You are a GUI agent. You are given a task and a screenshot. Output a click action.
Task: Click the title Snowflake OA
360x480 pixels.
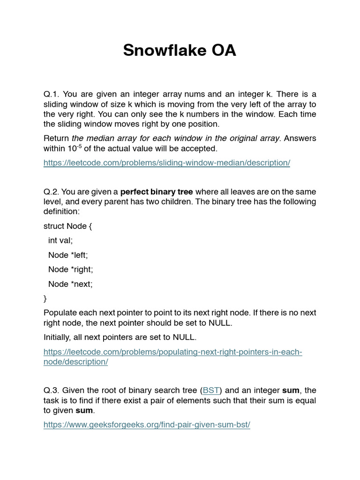pos(180,50)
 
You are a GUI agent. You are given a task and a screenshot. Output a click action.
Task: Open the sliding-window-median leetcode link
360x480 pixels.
pos(167,163)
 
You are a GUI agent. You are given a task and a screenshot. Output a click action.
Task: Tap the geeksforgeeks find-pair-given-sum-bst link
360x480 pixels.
pos(147,425)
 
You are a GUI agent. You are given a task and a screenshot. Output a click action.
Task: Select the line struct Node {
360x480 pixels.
pos(68,226)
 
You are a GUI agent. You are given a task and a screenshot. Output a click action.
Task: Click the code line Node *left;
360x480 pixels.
pos(68,255)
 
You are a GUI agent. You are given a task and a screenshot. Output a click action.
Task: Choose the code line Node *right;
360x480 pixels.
pos(70,270)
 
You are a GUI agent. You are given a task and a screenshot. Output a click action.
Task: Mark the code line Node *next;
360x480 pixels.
pos(70,284)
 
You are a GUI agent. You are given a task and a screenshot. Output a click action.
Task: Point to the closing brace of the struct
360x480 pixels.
pos(45,299)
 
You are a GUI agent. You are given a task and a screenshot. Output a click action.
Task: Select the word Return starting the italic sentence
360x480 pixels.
pos(56,138)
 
